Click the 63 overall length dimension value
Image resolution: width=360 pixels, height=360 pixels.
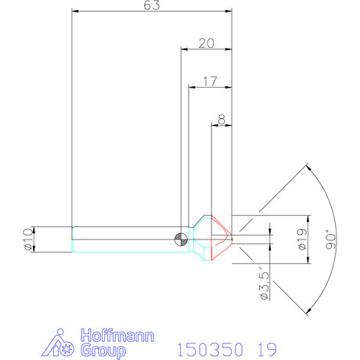(x=152, y=5)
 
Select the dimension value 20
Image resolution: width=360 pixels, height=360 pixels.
(x=207, y=43)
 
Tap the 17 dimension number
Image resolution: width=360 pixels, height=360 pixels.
(x=210, y=81)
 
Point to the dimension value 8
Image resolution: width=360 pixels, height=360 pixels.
(x=221, y=120)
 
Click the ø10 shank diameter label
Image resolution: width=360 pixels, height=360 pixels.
(x=28, y=239)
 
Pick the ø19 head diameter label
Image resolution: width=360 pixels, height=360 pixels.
(x=302, y=239)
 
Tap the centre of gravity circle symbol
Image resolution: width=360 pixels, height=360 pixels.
(x=181, y=239)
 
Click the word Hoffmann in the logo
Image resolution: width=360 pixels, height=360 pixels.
(x=117, y=336)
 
